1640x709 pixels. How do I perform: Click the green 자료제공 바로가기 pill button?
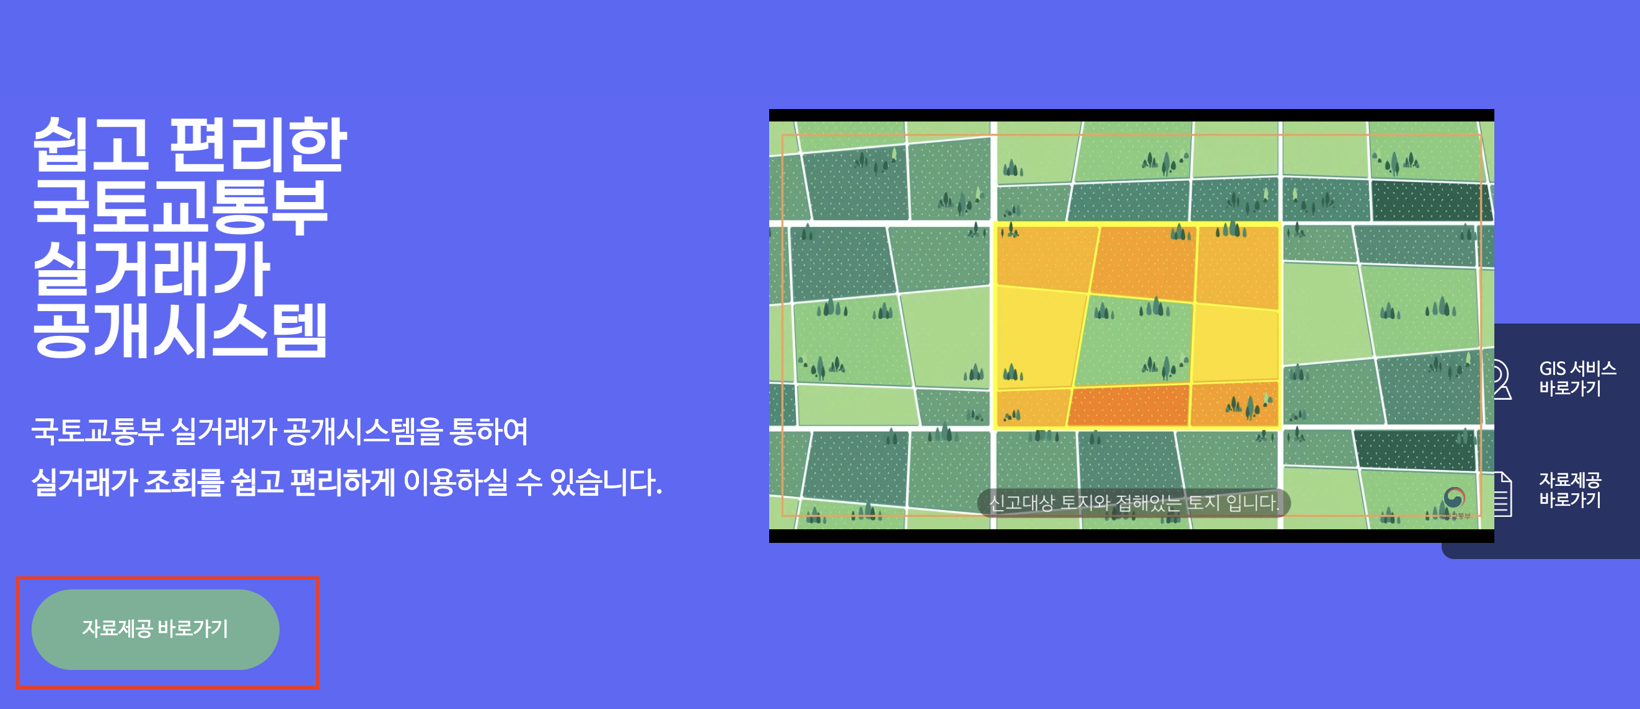click(x=155, y=629)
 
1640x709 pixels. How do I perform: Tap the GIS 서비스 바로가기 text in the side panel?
click(x=1576, y=378)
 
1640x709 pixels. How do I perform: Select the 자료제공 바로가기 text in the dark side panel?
click(x=1569, y=490)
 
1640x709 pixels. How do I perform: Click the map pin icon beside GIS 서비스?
click(x=1502, y=379)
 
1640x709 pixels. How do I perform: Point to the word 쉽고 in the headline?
click(x=90, y=145)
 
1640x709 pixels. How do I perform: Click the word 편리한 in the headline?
click(x=258, y=145)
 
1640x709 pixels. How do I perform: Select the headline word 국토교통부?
click(x=180, y=206)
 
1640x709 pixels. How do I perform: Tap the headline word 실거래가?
click(x=151, y=268)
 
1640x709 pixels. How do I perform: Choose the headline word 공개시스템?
click(x=180, y=330)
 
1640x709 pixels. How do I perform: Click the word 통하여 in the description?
click(x=488, y=432)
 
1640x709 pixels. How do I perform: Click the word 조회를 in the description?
click(x=184, y=482)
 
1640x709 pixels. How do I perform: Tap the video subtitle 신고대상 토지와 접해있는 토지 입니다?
click(x=1133, y=503)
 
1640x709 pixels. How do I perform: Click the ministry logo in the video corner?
click(x=1454, y=498)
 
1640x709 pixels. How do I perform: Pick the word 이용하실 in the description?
click(x=455, y=482)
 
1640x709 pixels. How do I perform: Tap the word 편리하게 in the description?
click(x=343, y=482)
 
